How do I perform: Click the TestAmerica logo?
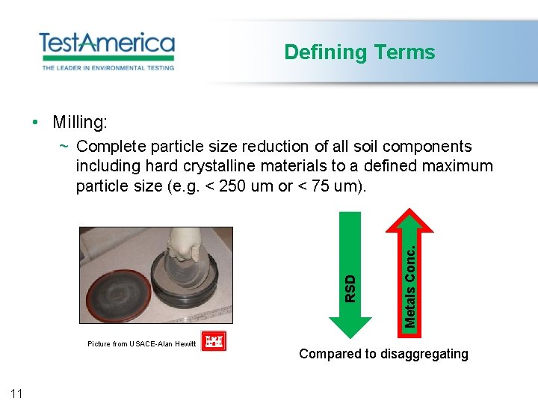click(x=106, y=43)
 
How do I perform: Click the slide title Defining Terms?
click(x=359, y=52)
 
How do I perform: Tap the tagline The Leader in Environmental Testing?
click(x=108, y=67)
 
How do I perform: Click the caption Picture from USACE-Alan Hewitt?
click(x=141, y=344)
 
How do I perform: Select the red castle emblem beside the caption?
click(x=214, y=342)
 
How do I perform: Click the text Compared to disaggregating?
click(x=383, y=354)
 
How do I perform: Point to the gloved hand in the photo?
click(x=180, y=247)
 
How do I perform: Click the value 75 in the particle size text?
click(x=322, y=186)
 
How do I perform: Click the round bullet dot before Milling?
click(x=35, y=122)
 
